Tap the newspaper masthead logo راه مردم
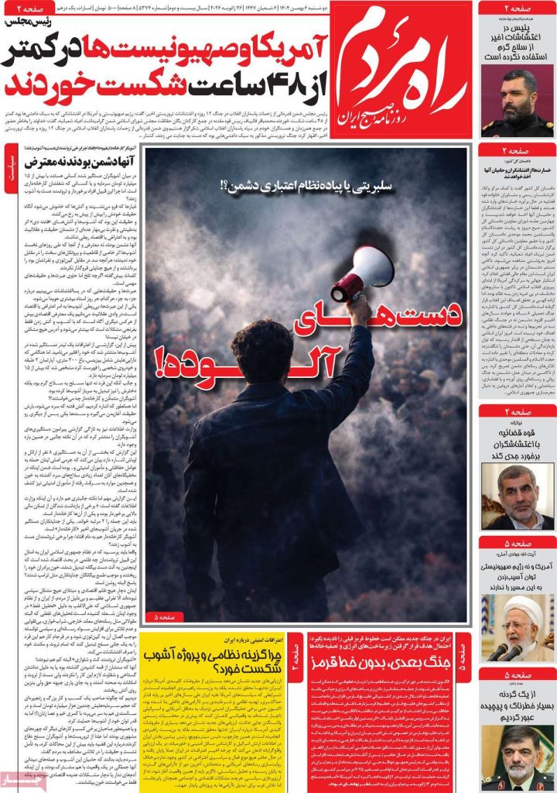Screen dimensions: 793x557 (x=402, y=74)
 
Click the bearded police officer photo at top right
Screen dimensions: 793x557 (x=517, y=102)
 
